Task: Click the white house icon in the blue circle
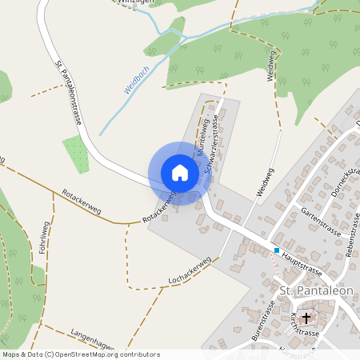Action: pyautogui.click(x=180, y=173)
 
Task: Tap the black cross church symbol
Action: pyautogui.click(x=306, y=318)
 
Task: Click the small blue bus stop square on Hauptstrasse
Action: pyautogui.click(x=277, y=250)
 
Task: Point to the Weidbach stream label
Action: pyautogui.click(x=137, y=80)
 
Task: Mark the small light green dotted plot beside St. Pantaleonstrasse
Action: pyautogui.click(x=75, y=153)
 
